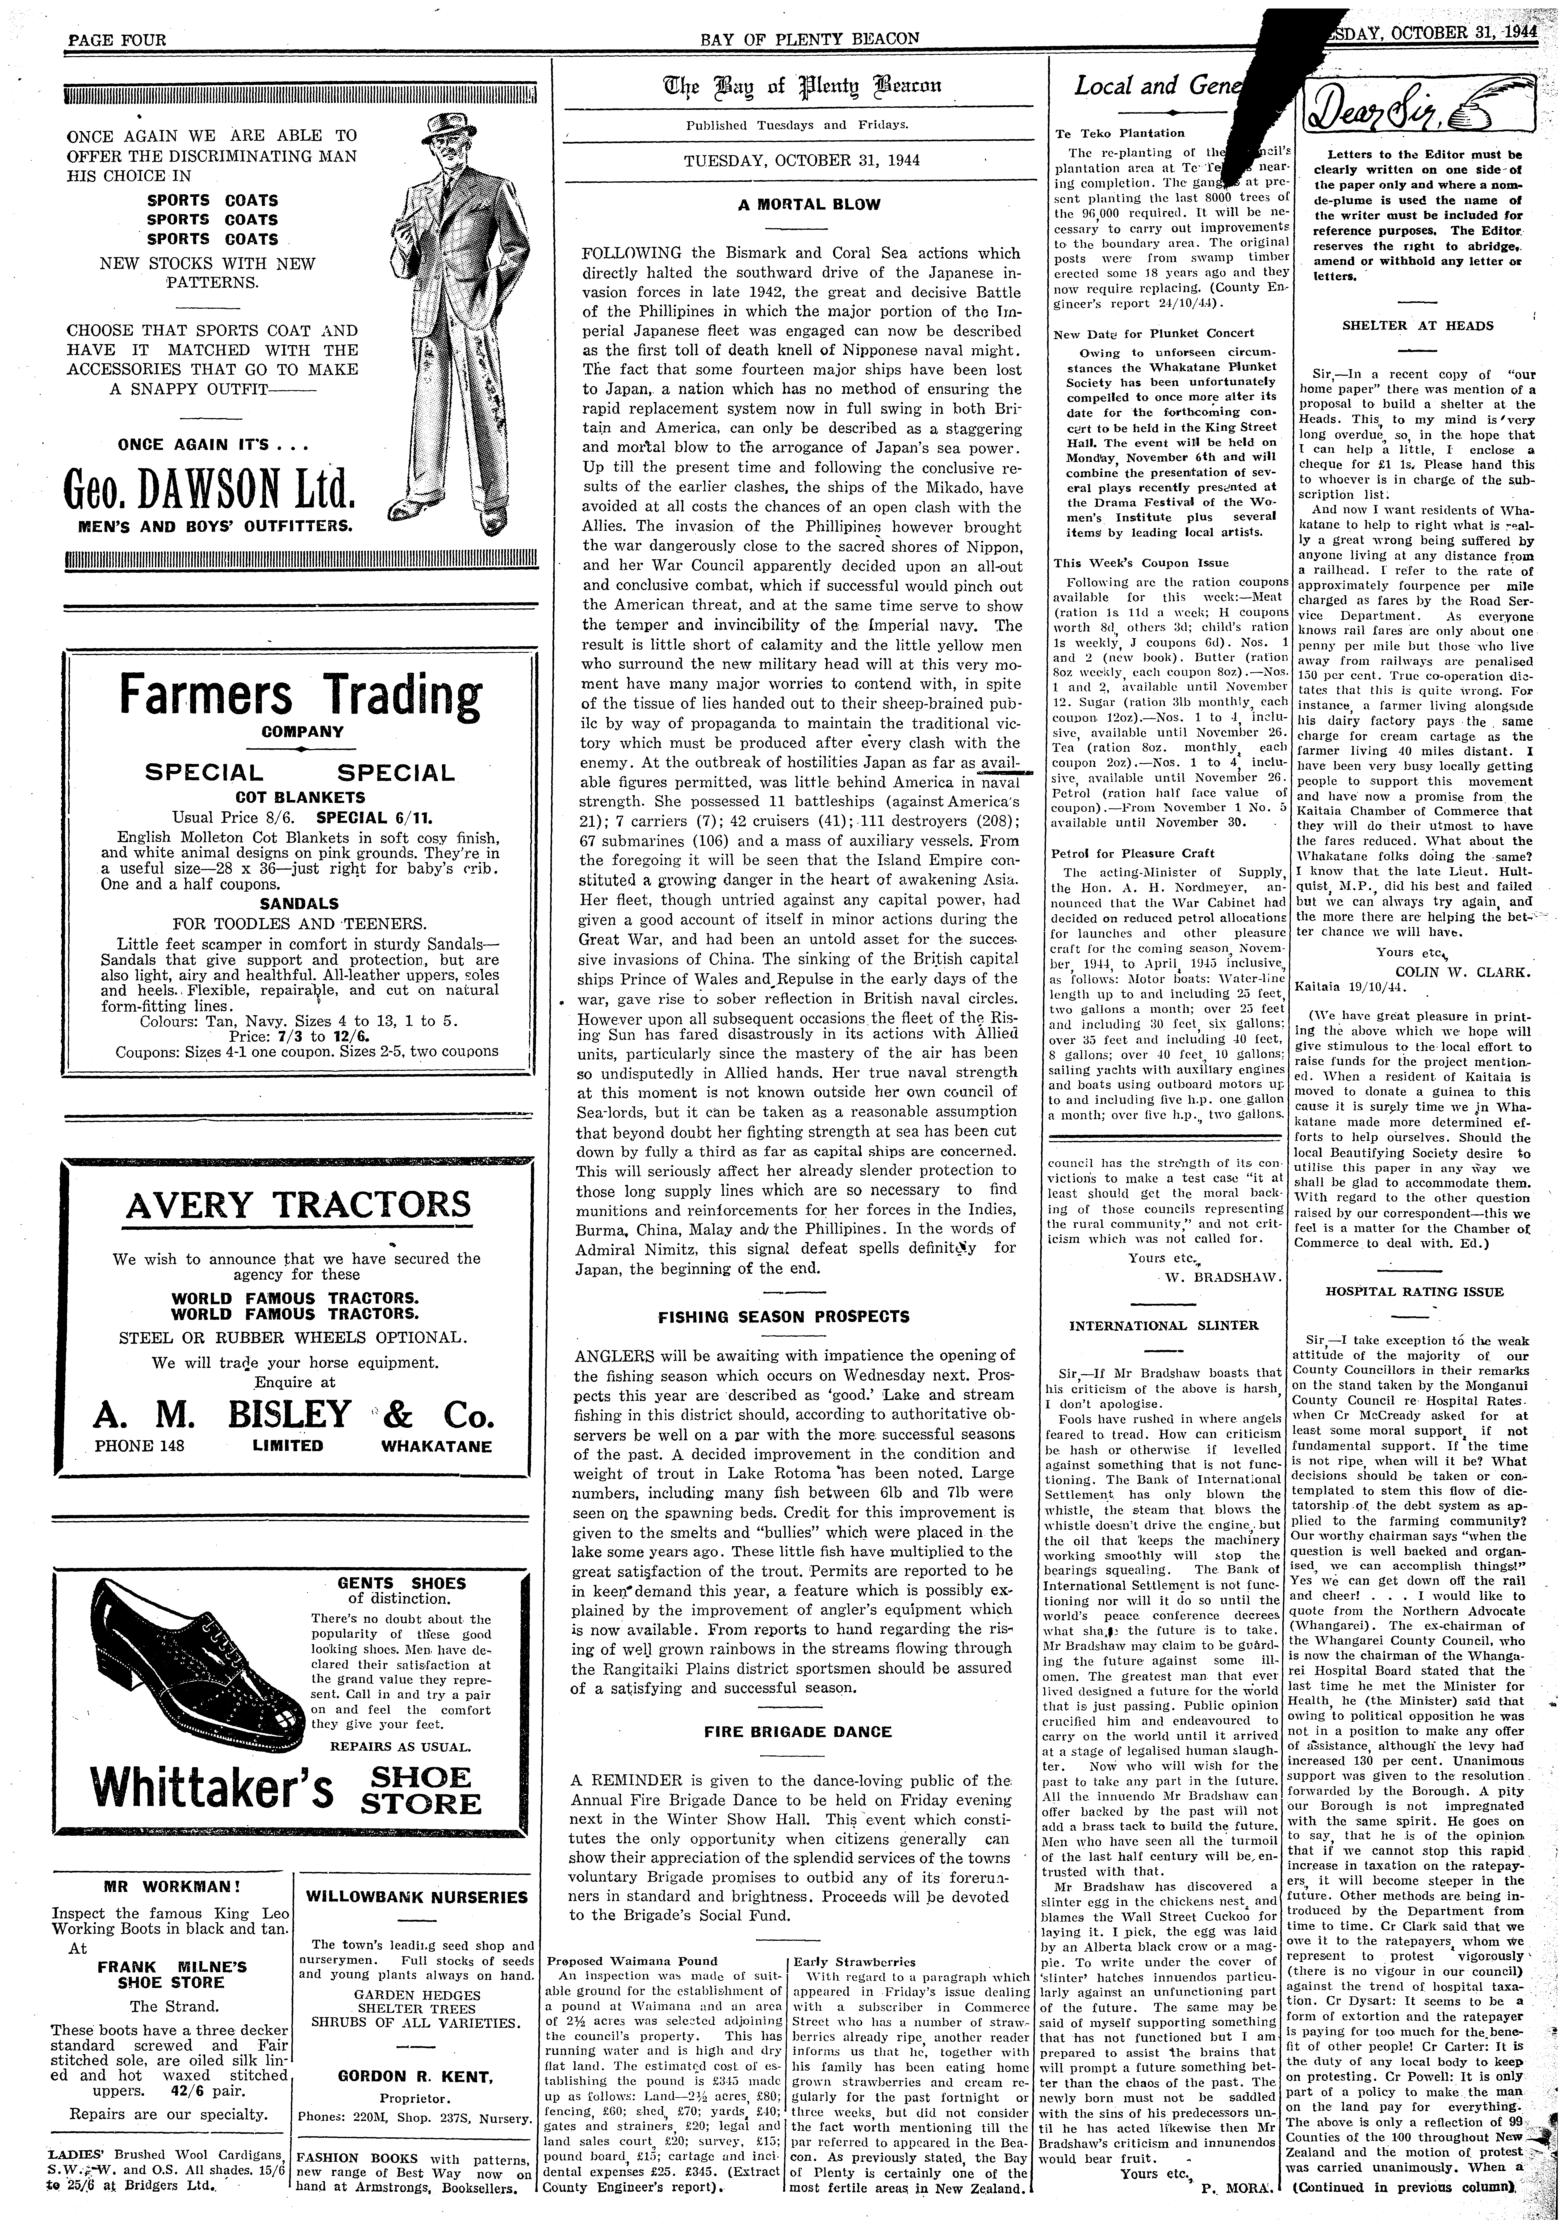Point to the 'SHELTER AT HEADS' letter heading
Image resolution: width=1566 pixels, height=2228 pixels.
pyautogui.click(x=1418, y=326)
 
